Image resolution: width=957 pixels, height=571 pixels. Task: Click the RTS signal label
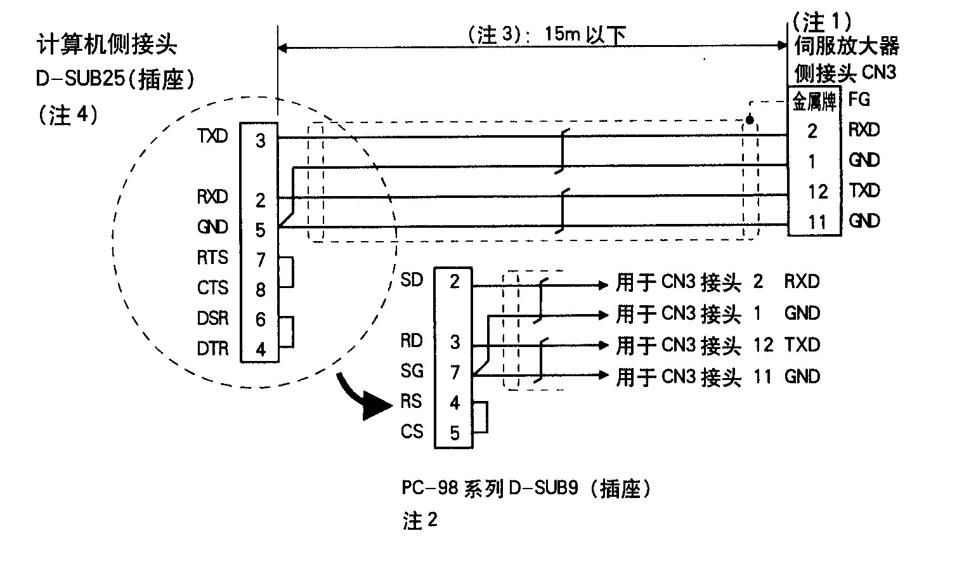tap(212, 258)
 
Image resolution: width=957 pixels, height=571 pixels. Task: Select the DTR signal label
tap(212, 349)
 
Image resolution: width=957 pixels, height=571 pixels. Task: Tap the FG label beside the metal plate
tap(859, 100)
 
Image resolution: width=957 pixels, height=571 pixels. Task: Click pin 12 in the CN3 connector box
tap(817, 191)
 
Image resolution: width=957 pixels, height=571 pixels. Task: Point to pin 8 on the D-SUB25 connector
tap(260, 290)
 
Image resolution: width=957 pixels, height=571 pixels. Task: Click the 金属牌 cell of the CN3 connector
tap(814, 102)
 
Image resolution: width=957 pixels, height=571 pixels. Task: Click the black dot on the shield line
tap(750, 120)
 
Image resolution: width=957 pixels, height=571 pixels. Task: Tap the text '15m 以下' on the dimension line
tap(584, 34)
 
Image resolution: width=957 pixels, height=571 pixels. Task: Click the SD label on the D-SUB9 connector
tap(412, 280)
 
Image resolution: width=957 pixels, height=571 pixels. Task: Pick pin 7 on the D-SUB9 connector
tap(454, 372)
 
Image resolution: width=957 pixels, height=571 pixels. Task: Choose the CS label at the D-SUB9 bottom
tap(412, 432)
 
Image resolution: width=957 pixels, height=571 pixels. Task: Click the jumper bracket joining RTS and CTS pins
tap(289, 272)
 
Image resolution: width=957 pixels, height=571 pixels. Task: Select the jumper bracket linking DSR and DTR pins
tap(289, 332)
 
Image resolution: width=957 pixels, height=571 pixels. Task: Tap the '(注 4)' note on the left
tap(67, 115)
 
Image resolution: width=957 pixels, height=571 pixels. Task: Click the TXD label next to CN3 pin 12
tap(864, 190)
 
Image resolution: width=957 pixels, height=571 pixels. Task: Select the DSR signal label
tap(212, 318)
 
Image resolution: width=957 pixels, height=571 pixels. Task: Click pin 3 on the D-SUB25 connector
tap(260, 140)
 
